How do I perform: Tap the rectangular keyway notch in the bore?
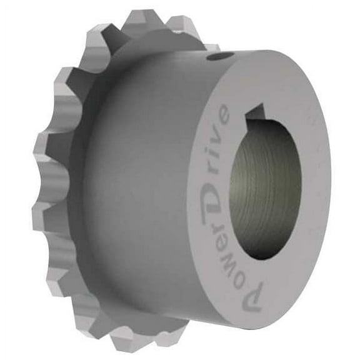[x=257, y=114]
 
